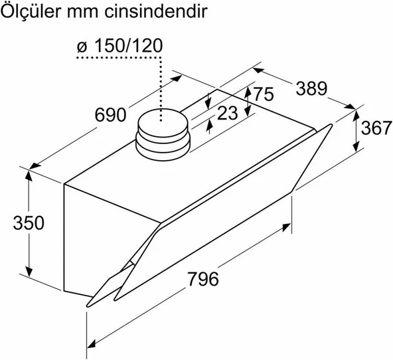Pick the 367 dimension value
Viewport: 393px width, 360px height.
pos(377,129)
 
